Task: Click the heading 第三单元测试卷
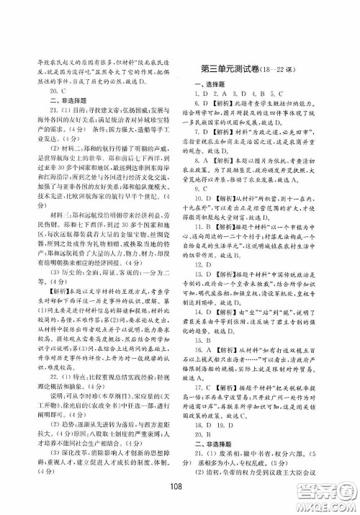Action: point(230,70)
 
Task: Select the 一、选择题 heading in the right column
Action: point(207,84)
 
